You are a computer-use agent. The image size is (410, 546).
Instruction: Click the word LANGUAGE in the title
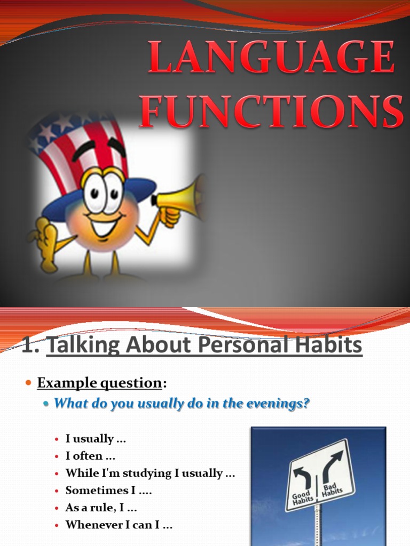pos(271,57)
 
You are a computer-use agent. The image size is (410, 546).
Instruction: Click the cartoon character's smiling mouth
pos(106,223)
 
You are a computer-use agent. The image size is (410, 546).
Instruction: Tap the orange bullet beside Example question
pos(29,383)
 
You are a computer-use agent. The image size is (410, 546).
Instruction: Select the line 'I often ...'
pos(90,456)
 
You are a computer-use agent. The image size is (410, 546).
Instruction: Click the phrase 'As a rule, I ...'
pos(101,508)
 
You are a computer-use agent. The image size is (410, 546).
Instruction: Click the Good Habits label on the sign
pos(302,499)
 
